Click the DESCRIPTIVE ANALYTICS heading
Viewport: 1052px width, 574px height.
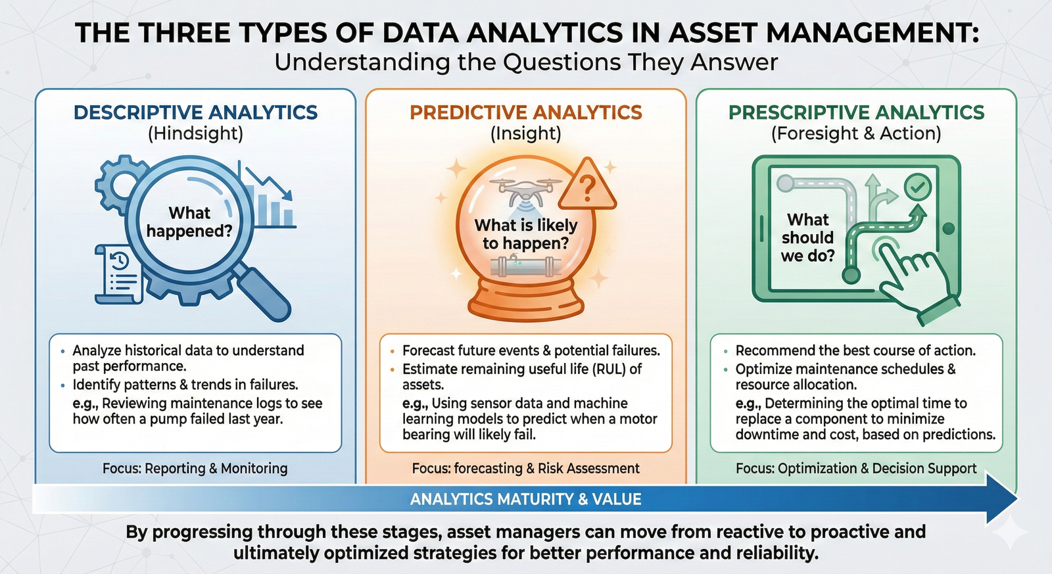[x=195, y=112]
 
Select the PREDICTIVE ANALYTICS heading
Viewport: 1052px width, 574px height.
[x=525, y=112]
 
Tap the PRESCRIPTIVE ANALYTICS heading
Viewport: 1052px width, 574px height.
[x=856, y=112]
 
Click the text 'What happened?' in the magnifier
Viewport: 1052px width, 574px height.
[x=189, y=222]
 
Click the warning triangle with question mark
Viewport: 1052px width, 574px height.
[x=587, y=187]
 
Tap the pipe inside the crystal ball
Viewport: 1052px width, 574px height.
[x=526, y=267]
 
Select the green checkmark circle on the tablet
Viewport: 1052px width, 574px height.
[x=917, y=187]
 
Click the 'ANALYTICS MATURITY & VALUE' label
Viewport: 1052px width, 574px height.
[x=525, y=499]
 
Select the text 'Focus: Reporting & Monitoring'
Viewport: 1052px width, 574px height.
[x=195, y=468]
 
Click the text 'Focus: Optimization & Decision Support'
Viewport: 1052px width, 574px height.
[x=855, y=468]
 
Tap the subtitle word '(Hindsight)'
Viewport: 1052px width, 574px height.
[x=195, y=133]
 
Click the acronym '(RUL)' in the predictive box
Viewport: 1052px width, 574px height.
[x=608, y=369]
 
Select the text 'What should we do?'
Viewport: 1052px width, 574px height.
[x=807, y=237]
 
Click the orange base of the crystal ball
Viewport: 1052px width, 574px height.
[x=526, y=299]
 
